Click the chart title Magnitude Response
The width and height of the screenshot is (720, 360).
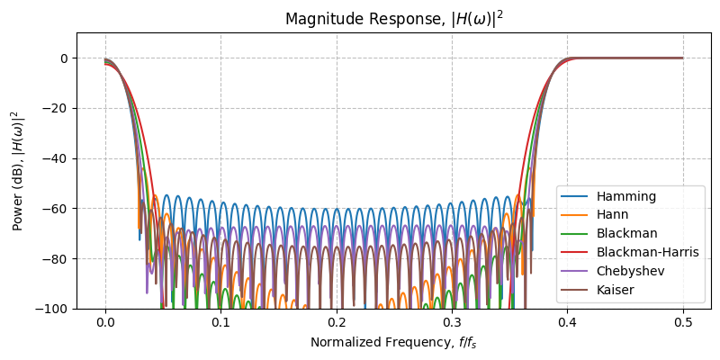coord(393,18)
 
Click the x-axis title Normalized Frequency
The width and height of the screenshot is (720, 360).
coord(393,342)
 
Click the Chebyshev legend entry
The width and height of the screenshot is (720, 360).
coord(629,271)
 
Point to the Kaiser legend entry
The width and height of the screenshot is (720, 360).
coord(615,290)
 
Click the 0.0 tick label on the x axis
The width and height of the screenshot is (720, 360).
coord(105,324)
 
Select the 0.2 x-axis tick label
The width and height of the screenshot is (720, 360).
coord(337,324)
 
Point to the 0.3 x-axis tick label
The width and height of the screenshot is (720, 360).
coord(452,324)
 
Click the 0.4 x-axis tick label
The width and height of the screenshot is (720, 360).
coord(567,324)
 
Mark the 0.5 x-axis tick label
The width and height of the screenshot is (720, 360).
coord(682,324)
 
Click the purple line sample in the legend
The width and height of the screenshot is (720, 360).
coord(574,271)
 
